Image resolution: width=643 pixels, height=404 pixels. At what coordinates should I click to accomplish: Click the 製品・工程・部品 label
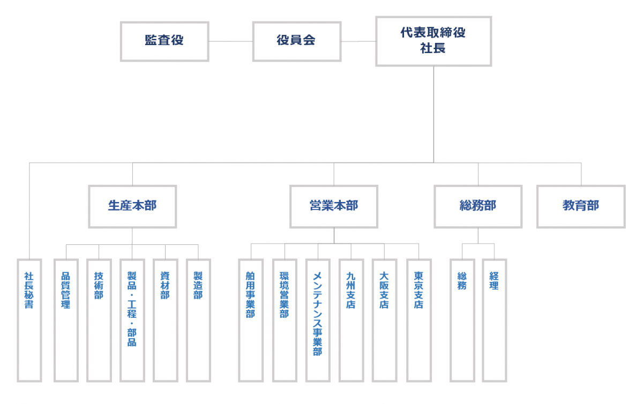click(x=132, y=309)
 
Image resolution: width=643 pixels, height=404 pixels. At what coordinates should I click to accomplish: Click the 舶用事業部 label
click(x=250, y=295)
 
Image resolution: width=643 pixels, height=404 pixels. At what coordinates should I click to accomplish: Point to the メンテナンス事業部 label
click(x=317, y=314)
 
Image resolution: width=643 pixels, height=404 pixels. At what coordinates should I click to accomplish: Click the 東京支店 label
click(x=418, y=290)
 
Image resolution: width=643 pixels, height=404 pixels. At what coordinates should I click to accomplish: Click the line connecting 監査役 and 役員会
click(x=231, y=41)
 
